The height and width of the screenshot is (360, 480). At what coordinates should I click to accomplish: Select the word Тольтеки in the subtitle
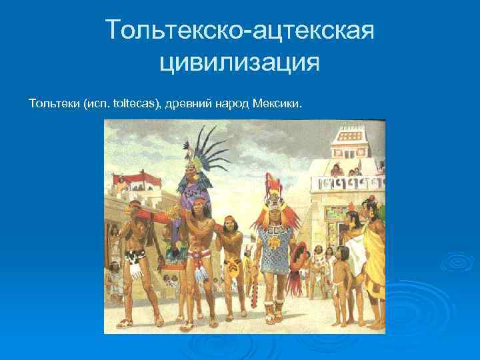pyautogui.click(x=53, y=105)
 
